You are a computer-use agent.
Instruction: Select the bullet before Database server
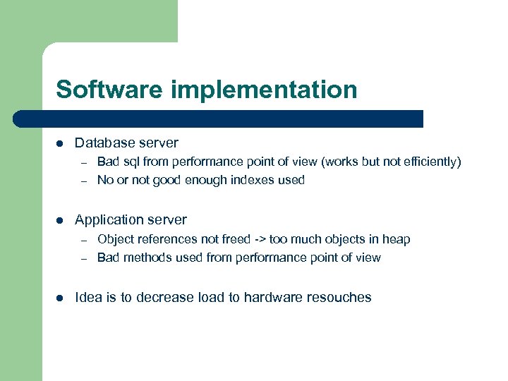60,143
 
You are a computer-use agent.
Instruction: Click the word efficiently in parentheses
431,162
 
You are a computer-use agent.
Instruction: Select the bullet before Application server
60,220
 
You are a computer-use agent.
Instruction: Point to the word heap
396,240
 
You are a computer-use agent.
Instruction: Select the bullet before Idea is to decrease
60,298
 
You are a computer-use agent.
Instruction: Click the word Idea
88,298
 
